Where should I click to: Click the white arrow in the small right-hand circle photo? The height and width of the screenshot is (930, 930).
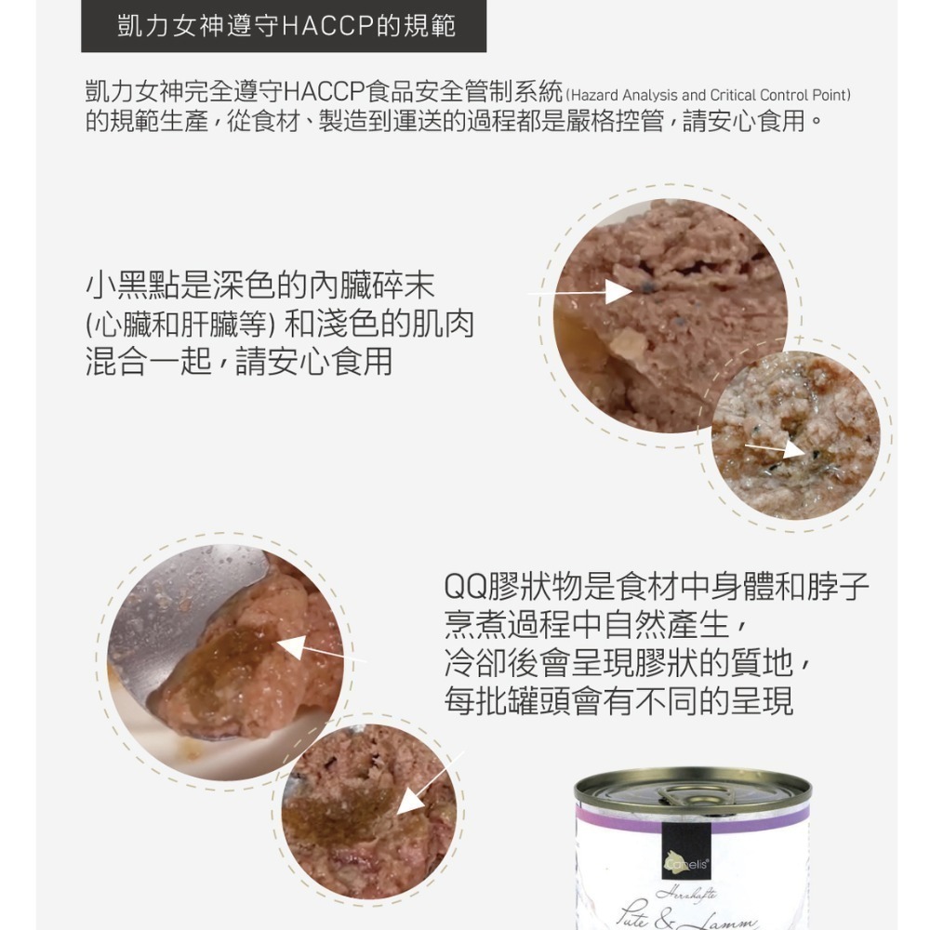click(777, 448)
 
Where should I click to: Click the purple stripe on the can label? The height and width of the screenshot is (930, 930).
click(693, 819)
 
